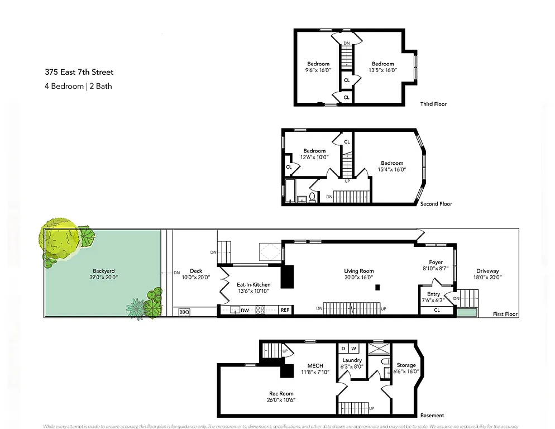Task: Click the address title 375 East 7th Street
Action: [x=79, y=72]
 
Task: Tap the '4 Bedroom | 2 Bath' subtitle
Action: [x=78, y=86]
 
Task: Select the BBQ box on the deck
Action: [x=184, y=312]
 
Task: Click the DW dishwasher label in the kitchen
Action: [x=245, y=310]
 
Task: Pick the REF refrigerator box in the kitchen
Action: [x=285, y=310]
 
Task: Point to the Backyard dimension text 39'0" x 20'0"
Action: [x=104, y=277]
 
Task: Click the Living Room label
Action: [x=358, y=271]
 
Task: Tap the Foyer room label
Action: [x=436, y=262]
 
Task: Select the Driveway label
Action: [x=487, y=271]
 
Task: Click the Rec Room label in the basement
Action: [x=281, y=393]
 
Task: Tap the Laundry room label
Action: [x=352, y=360]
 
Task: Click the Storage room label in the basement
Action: [x=406, y=365]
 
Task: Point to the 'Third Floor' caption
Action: [x=433, y=104]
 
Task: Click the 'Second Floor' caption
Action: [x=436, y=204]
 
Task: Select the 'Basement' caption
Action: [x=432, y=415]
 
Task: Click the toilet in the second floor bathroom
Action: [x=312, y=197]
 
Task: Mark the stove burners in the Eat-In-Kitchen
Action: [x=260, y=310]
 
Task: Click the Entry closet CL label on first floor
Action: [x=437, y=310]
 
